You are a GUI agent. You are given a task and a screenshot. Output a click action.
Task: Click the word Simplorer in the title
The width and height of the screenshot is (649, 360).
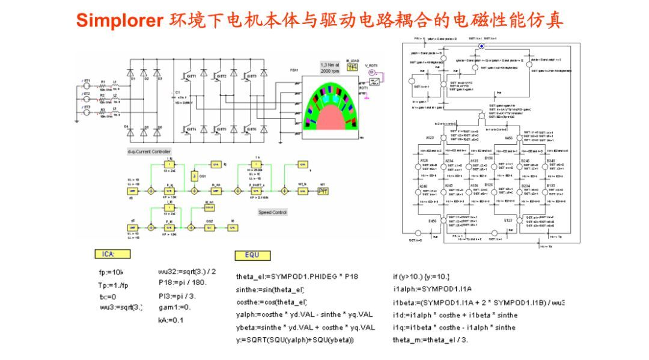click(x=119, y=21)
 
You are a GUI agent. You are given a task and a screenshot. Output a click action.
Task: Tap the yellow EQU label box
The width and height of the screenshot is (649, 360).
click(x=252, y=254)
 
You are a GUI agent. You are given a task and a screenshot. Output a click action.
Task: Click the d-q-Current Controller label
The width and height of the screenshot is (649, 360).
click(x=149, y=151)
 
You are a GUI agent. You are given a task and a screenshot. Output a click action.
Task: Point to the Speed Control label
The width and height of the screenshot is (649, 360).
click(x=272, y=212)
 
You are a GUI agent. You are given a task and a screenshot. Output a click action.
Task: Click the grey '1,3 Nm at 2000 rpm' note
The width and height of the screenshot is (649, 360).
click(x=330, y=67)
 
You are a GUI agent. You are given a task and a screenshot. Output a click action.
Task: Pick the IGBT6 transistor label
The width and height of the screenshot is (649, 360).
click(x=251, y=129)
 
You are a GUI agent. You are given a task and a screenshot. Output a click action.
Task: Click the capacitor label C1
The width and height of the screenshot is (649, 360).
click(x=177, y=92)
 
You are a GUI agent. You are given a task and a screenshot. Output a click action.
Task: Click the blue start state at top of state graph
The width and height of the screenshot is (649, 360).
click(x=480, y=46)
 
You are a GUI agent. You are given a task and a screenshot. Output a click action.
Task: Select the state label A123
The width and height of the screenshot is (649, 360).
click(x=430, y=138)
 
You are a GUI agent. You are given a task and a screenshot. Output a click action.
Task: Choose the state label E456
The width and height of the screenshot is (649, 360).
click(x=432, y=221)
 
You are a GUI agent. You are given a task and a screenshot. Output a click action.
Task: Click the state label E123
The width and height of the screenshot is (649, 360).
click(x=508, y=221)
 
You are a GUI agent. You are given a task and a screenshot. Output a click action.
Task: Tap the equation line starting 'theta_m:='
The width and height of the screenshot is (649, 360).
click(x=430, y=340)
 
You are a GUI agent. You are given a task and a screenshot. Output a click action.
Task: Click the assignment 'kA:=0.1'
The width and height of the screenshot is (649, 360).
click(x=171, y=320)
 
